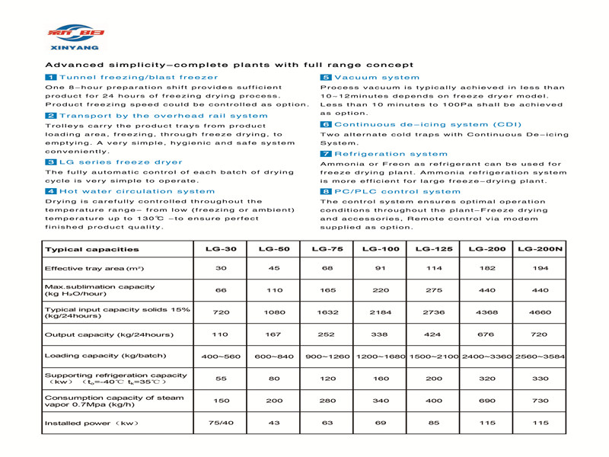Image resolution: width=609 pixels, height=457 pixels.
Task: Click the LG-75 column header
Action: click(327, 249)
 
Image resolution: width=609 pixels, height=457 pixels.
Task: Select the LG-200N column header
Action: click(540, 249)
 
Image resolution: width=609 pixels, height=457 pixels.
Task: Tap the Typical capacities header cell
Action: click(92, 249)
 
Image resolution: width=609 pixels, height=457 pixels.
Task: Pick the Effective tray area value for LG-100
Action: click(381, 269)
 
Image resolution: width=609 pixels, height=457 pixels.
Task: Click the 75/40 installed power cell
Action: click(222, 423)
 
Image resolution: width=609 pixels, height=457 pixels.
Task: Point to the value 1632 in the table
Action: click(327, 312)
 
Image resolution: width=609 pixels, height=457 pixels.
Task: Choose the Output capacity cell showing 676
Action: click(487, 334)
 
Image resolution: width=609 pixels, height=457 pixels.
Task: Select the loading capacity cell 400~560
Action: click(222, 356)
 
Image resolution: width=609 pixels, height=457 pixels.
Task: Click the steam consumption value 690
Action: click(487, 401)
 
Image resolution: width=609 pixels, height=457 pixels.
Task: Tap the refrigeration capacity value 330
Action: click(540, 379)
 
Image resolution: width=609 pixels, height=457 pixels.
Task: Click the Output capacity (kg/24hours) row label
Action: click(109, 334)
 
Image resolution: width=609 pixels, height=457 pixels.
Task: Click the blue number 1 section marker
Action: click(51, 78)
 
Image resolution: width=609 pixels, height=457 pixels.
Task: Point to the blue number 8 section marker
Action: click(326, 191)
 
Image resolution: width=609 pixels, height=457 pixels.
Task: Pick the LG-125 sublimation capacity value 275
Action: click(434, 290)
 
